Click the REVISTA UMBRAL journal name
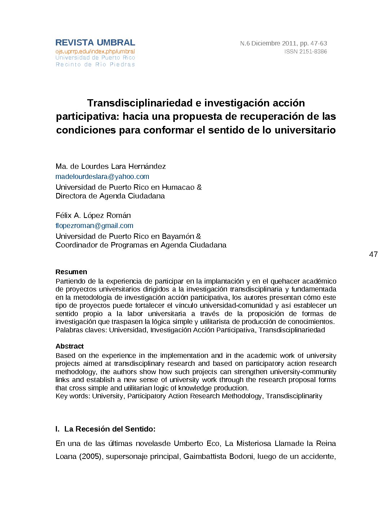point(95,43)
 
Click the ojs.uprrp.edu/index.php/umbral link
point(95,52)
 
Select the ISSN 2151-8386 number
point(306,52)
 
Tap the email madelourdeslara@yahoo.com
point(102,176)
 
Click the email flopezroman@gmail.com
point(94,225)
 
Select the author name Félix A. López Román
point(93,215)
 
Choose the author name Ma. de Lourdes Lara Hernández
point(111,166)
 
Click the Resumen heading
point(71,272)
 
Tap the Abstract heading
point(70,346)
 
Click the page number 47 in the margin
point(373,254)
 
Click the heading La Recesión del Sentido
point(110,429)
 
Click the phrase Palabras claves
point(81,330)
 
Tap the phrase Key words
point(72,396)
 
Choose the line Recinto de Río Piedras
point(95,65)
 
